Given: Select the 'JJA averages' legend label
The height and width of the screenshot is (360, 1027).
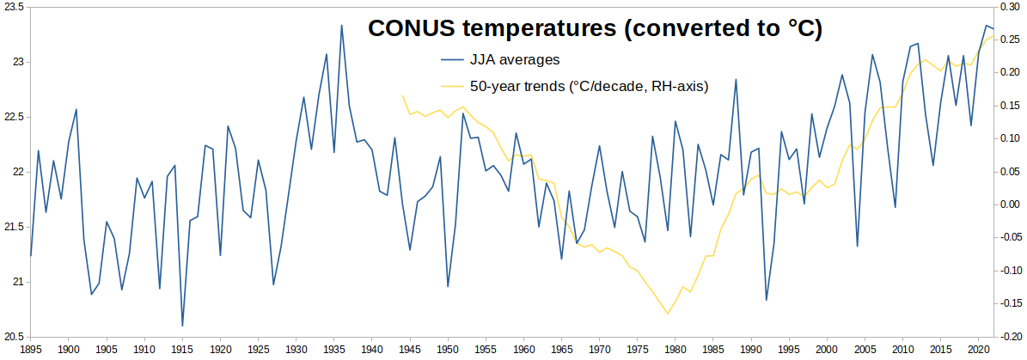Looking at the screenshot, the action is click(514, 59).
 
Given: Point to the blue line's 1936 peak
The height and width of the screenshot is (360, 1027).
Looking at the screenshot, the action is click(341, 26).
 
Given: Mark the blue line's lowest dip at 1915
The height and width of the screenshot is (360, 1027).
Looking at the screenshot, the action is click(182, 326).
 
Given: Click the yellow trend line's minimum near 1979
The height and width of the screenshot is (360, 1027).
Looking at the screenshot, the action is click(668, 314).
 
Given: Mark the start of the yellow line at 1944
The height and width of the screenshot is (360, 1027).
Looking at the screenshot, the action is click(402, 95).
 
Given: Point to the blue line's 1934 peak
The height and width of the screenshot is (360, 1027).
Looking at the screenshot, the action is click(327, 54).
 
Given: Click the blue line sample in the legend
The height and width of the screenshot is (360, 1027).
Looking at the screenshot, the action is click(451, 60).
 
